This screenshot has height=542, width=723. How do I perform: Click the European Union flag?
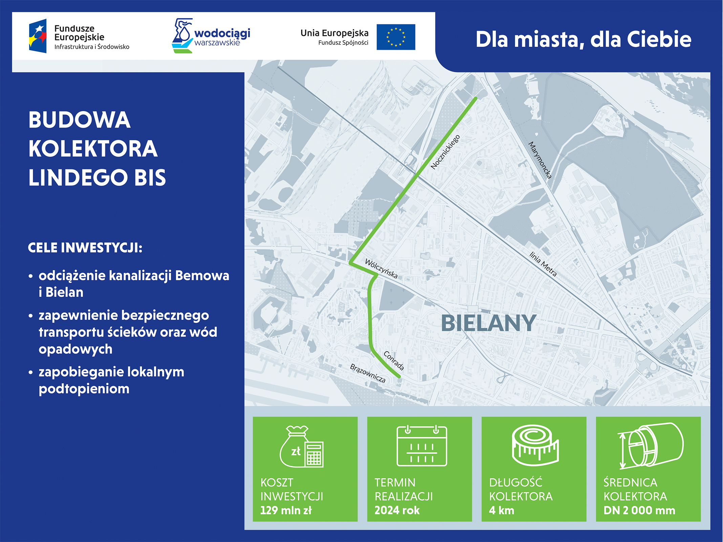click(396, 37)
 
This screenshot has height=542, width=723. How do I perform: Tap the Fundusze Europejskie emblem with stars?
click(38, 36)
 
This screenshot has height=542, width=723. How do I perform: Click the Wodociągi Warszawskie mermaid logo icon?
click(183, 36)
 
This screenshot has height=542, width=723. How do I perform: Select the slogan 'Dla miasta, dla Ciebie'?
click(583, 40)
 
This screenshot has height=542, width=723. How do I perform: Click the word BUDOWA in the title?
click(80, 120)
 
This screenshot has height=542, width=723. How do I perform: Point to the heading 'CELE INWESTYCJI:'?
click(85, 248)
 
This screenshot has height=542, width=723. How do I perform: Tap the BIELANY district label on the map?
click(489, 323)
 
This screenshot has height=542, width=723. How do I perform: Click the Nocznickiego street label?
click(445, 152)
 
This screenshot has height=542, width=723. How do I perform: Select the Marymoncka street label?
click(540, 160)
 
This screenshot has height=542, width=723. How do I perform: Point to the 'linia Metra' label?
click(543, 264)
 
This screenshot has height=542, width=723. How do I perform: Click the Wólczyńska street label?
click(381, 269)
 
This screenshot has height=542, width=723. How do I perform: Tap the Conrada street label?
click(394, 361)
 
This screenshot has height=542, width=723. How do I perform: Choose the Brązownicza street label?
click(368, 373)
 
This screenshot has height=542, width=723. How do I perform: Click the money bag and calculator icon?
click(301, 447)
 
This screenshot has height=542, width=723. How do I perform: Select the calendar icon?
click(422, 445)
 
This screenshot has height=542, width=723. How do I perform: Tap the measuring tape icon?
click(535, 446)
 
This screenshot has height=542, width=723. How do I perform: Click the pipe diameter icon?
click(650, 446)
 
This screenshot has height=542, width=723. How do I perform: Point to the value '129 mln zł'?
click(286, 510)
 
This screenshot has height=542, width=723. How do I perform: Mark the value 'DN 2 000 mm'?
click(639, 510)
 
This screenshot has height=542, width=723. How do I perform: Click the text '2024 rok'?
click(397, 510)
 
